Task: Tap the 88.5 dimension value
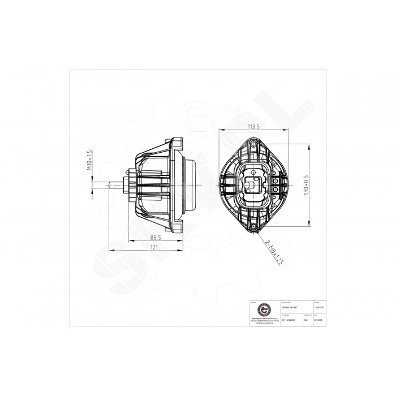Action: pos(157,238)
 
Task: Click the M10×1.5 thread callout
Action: pos(89,160)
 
